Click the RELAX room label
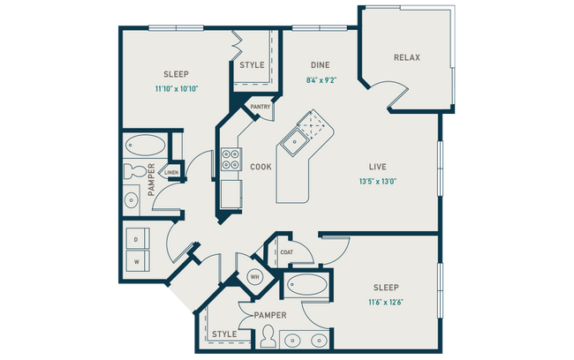pyautogui.click(x=407, y=58)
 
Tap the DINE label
pyautogui.click(x=320, y=64)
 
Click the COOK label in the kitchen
pyautogui.click(x=261, y=166)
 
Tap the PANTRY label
pyautogui.click(x=260, y=107)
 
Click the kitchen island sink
pyautogui.click(x=293, y=139)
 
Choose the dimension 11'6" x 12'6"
pyautogui.click(x=385, y=303)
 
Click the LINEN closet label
pyautogui.click(x=172, y=172)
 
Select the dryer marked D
pyautogui.click(x=136, y=239)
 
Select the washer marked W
pyautogui.click(x=136, y=261)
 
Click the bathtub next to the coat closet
pyautogui.click(x=306, y=286)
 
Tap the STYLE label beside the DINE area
pyautogui.click(x=252, y=64)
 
